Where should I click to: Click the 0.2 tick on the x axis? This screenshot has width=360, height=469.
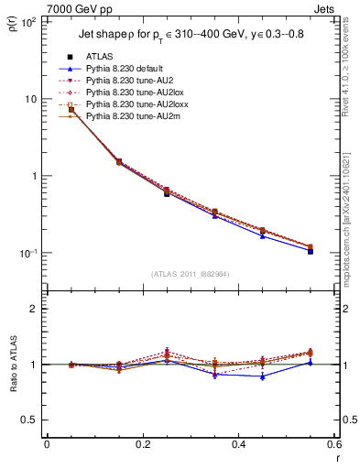142,445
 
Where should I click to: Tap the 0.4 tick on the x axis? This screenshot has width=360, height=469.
238,445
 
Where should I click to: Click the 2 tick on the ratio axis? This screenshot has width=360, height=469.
34,310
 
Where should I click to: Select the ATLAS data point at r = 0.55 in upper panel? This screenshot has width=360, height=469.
311,250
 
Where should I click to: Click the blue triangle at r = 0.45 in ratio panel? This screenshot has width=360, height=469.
263,376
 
